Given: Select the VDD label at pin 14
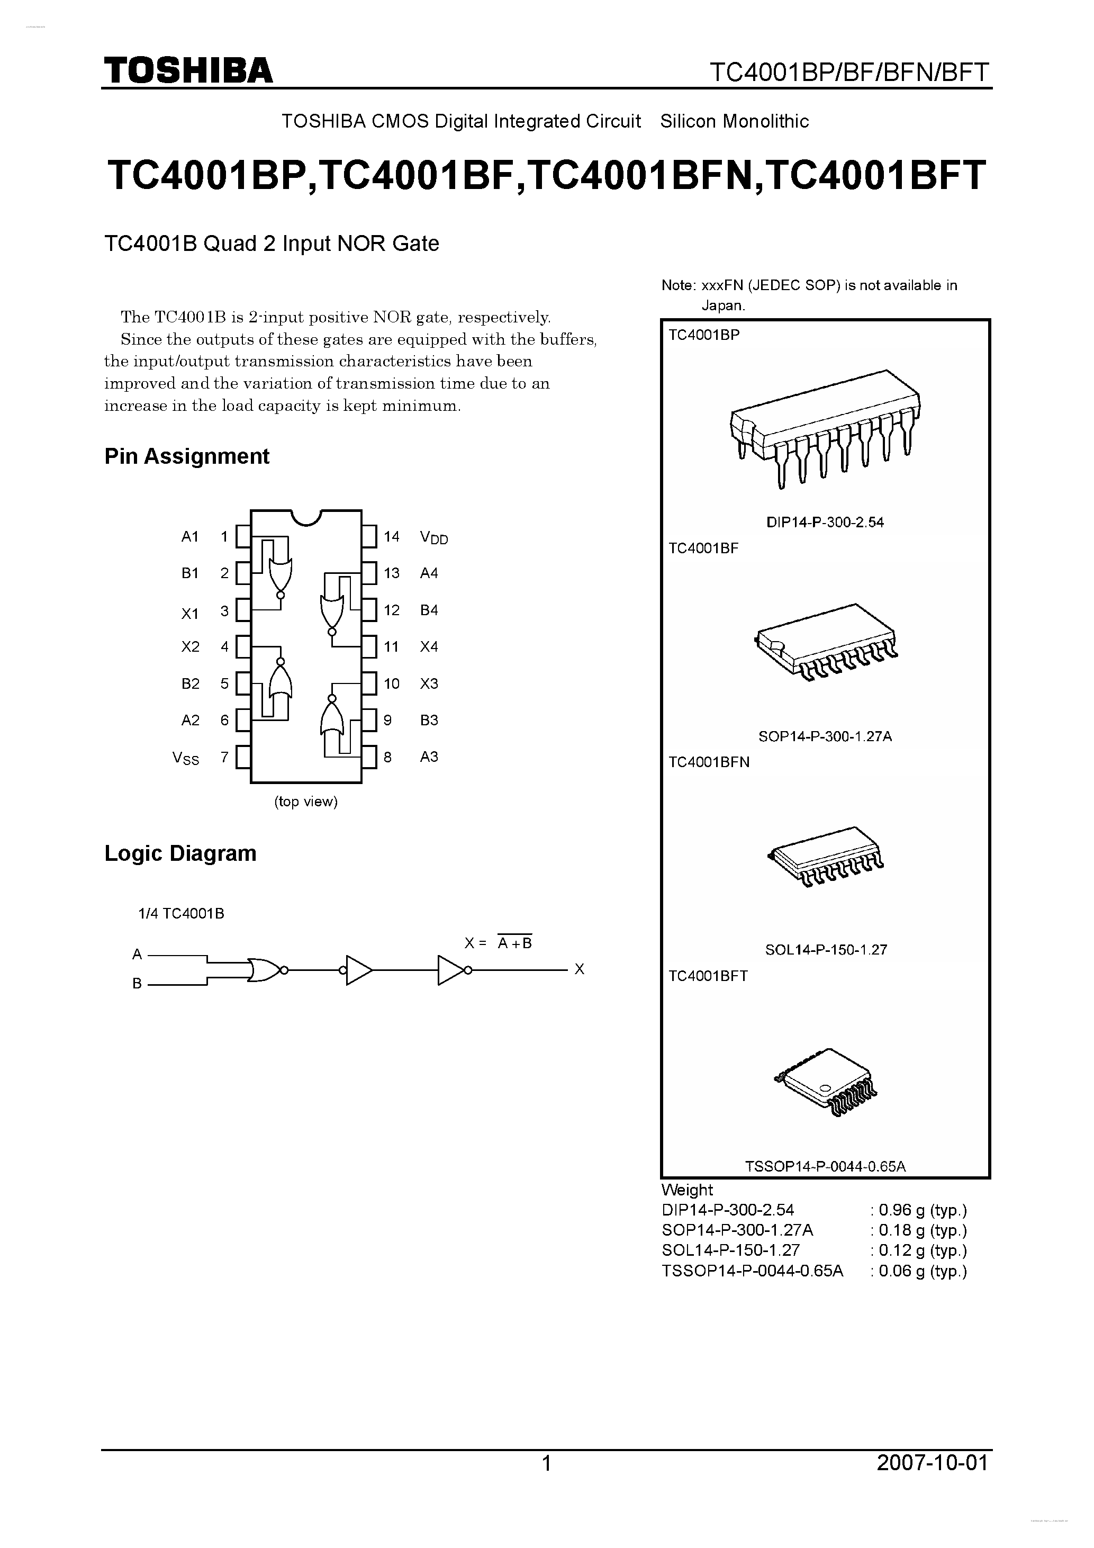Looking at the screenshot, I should [433, 537].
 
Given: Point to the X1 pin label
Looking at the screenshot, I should [190, 614].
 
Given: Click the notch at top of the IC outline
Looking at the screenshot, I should [305, 517].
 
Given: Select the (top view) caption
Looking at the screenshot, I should [305, 802].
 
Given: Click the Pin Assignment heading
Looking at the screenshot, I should [187, 456].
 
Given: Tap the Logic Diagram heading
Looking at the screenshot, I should [180, 853].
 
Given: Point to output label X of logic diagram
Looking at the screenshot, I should [579, 969].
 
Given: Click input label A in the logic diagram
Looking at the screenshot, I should [137, 955].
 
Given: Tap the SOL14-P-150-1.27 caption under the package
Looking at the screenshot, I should [825, 950].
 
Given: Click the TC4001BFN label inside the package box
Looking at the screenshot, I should [709, 762].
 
